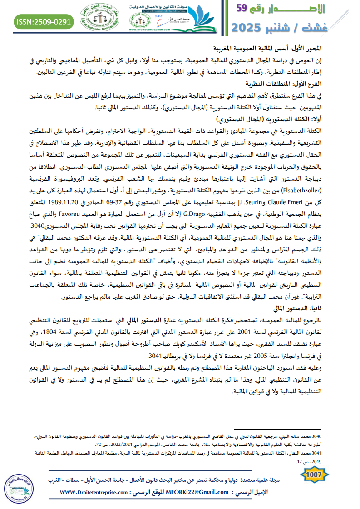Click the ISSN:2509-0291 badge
coord(44,21)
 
